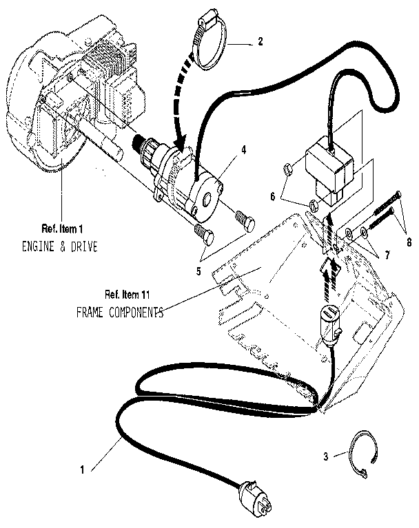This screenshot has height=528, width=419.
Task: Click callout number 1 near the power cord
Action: point(83,471)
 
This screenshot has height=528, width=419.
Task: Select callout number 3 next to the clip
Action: point(325,456)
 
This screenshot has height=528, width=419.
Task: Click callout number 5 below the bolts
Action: point(198,271)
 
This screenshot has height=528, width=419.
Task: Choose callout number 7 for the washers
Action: point(387,255)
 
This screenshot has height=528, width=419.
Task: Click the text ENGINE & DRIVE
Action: point(59,246)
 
